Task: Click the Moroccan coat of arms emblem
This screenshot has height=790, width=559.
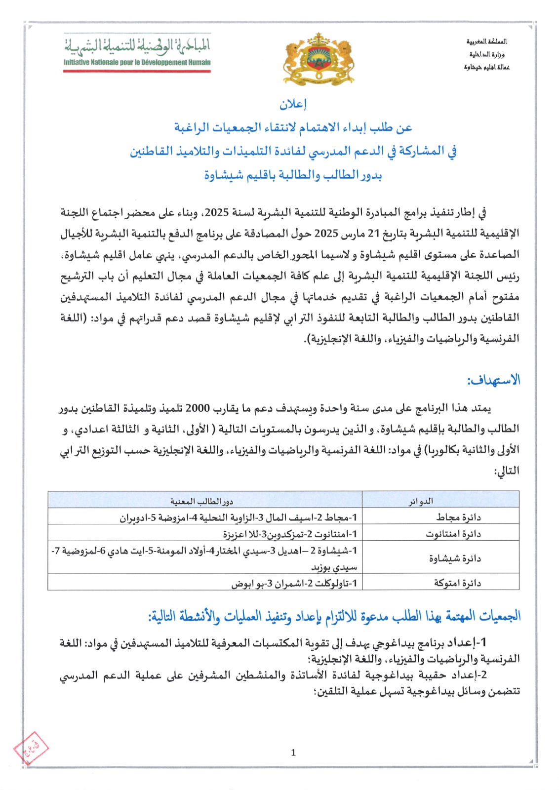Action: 319,58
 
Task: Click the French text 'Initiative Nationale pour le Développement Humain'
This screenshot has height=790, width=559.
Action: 137,63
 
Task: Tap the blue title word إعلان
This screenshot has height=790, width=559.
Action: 293,104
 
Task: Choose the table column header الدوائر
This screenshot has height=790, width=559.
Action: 421,501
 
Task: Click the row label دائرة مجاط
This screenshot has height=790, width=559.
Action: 458,517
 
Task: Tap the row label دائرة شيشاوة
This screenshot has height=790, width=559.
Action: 455,558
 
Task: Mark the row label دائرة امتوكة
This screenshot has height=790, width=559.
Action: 457,583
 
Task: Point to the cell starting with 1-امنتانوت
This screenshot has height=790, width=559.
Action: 290,534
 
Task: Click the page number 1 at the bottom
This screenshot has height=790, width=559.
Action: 293,752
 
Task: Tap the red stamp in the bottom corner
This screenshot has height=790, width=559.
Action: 31,748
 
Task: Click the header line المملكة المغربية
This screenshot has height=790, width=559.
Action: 486,41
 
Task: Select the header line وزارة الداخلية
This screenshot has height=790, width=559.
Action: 486,54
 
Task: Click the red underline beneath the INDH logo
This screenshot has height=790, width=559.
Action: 137,71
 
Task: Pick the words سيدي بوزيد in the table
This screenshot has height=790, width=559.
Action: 334,567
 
